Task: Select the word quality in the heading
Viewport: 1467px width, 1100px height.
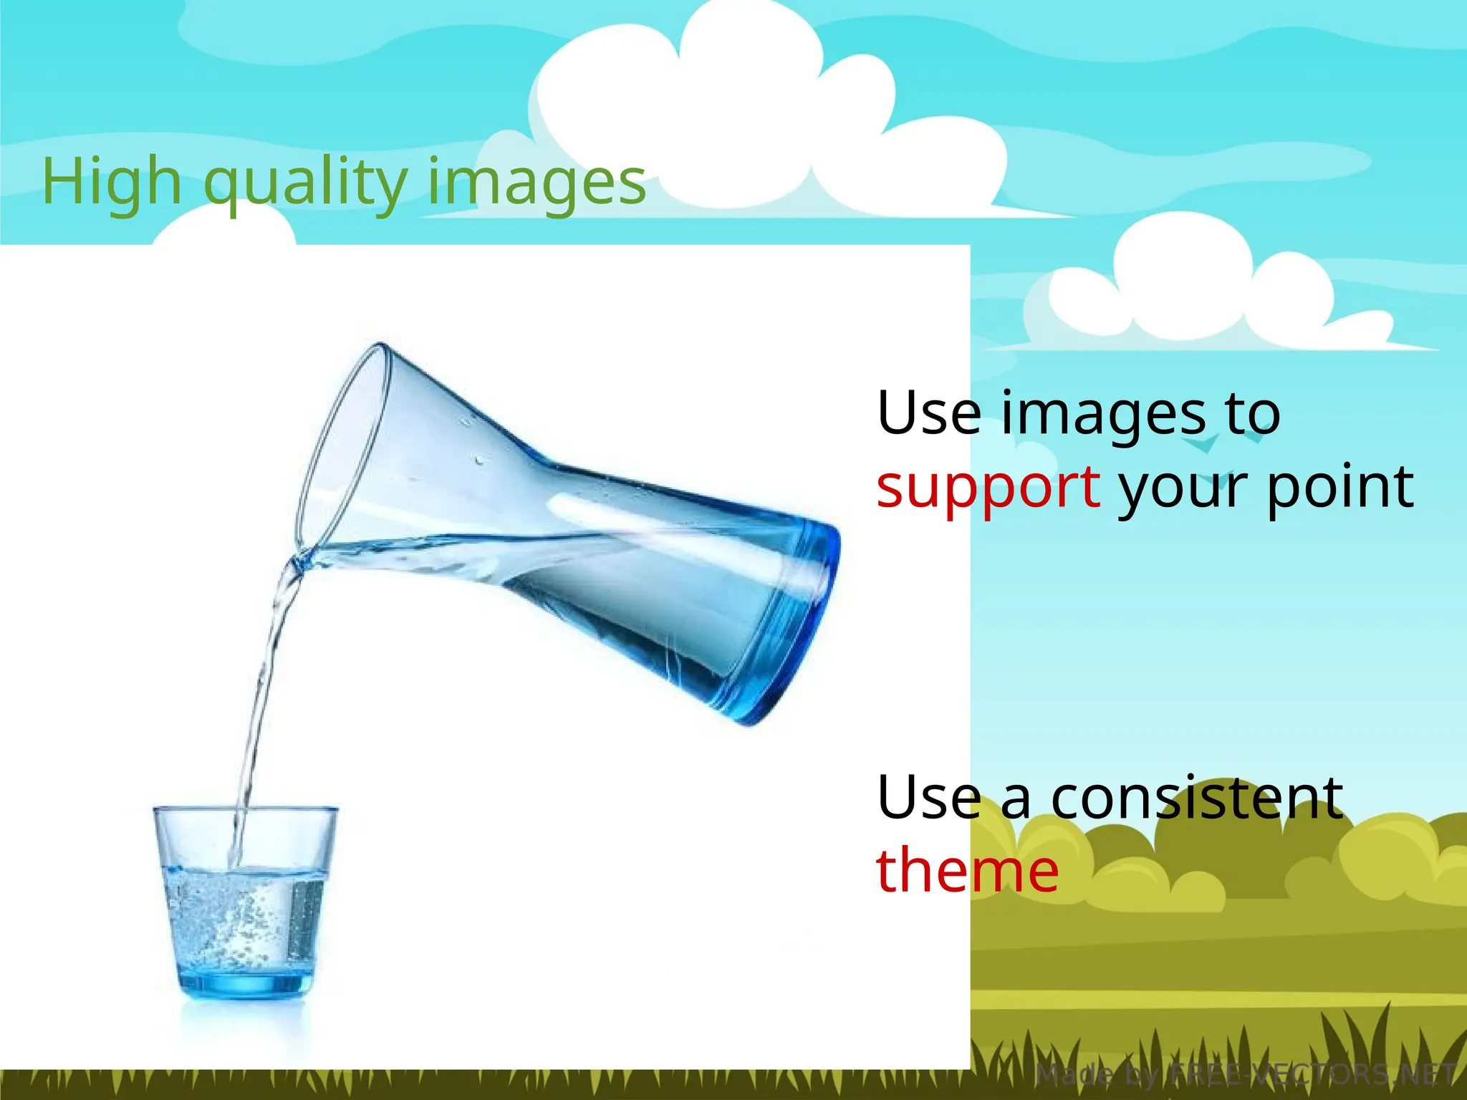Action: (309, 185)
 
